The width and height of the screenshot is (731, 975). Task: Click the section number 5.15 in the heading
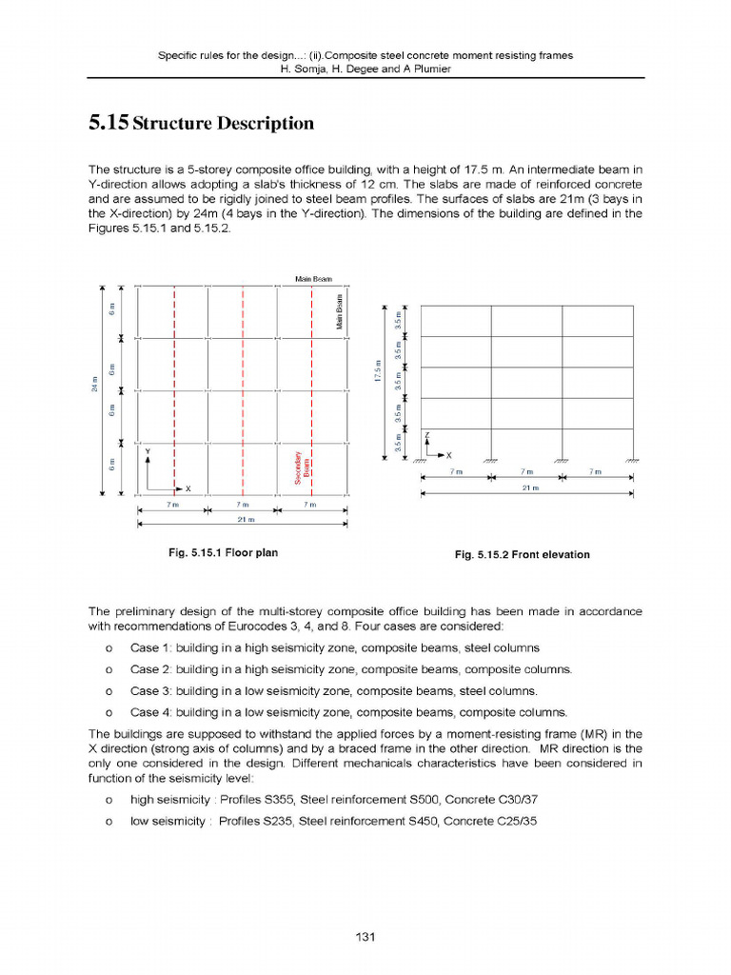tap(108, 123)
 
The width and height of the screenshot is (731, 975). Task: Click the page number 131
tap(365, 937)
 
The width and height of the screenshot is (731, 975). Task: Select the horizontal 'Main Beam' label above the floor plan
tap(312, 278)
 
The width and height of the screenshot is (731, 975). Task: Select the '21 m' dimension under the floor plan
tap(242, 518)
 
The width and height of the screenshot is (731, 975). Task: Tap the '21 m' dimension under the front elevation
tap(527, 487)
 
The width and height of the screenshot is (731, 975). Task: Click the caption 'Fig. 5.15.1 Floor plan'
tap(223, 552)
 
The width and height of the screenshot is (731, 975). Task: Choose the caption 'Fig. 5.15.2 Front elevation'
tap(522, 554)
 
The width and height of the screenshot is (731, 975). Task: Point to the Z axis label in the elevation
tap(427, 434)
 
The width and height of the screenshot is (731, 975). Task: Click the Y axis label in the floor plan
tap(148, 450)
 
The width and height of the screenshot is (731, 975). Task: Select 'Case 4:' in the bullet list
tap(148, 711)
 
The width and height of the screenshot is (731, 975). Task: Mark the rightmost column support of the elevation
tap(632, 459)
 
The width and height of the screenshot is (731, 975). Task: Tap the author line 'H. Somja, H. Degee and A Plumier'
tap(365, 69)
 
